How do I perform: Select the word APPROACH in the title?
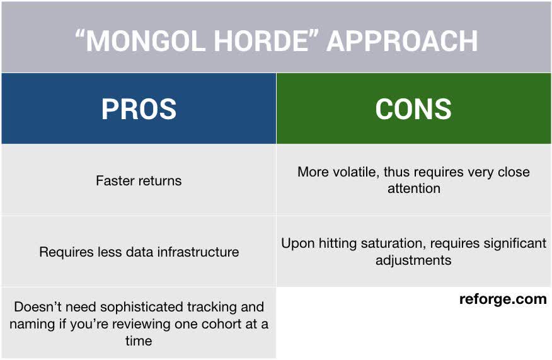click(x=402, y=41)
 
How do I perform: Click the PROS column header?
click(x=139, y=109)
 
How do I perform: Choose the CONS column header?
click(x=413, y=109)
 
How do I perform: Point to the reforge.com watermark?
click(x=503, y=299)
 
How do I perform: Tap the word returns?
click(x=159, y=181)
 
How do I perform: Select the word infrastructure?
click(x=200, y=252)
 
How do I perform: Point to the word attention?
click(x=413, y=189)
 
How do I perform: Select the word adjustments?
click(x=413, y=260)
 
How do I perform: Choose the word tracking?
click(x=214, y=307)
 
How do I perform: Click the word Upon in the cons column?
click(x=296, y=243)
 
